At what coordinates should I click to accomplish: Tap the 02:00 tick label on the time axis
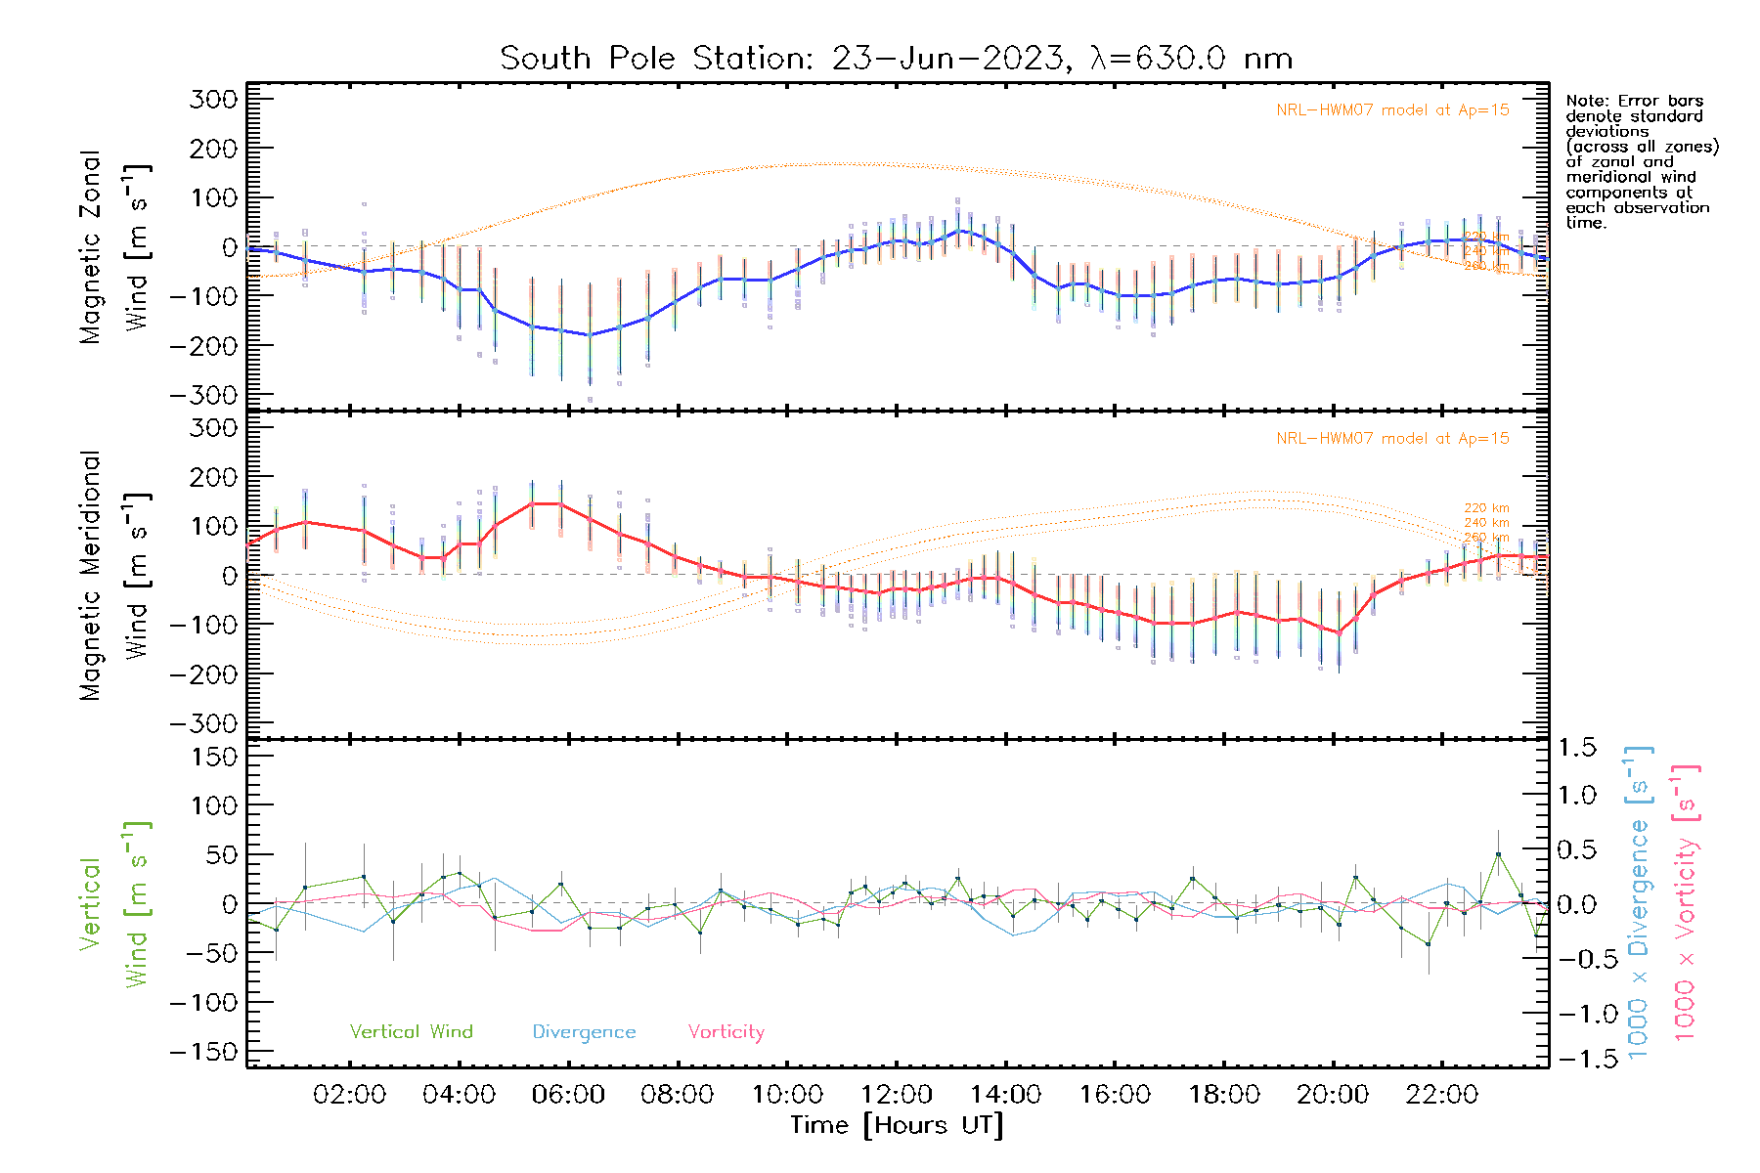click(x=349, y=1095)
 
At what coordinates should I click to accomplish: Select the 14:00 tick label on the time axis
click(x=1005, y=1095)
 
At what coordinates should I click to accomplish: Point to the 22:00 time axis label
click(x=1441, y=1095)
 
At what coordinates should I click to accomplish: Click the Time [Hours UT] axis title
click(x=897, y=1126)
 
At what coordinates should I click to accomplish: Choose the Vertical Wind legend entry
click(x=411, y=1032)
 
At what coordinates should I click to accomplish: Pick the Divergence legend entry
click(x=584, y=1032)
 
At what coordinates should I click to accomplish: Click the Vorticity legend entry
click(x=726, y=1032)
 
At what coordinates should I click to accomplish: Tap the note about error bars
click(x=1641, y=161)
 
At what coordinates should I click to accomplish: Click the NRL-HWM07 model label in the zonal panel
click(x=1392, y=110)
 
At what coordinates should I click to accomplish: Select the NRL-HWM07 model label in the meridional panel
click(x=1392, y=439)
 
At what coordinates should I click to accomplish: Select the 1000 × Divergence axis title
click(x=1639, y=901)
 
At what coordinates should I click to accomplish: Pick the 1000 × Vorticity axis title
click(x=1686, y=901)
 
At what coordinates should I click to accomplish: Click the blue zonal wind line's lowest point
click(x=590, y=335)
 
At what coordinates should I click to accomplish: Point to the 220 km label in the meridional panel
click(x=1486, y=508)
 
